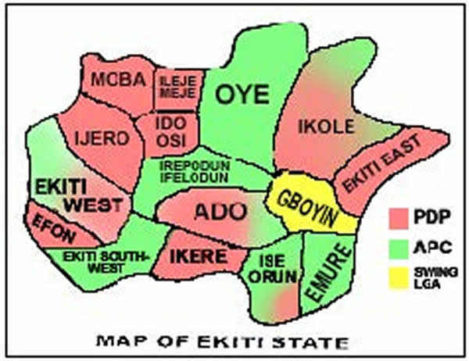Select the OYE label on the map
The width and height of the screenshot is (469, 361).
[x=242, y=95]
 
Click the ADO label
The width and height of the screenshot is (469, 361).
[x=220, y=211]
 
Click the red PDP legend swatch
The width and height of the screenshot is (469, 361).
[x=403, y=215]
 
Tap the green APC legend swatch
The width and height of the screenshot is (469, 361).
[x=403, y=247]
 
